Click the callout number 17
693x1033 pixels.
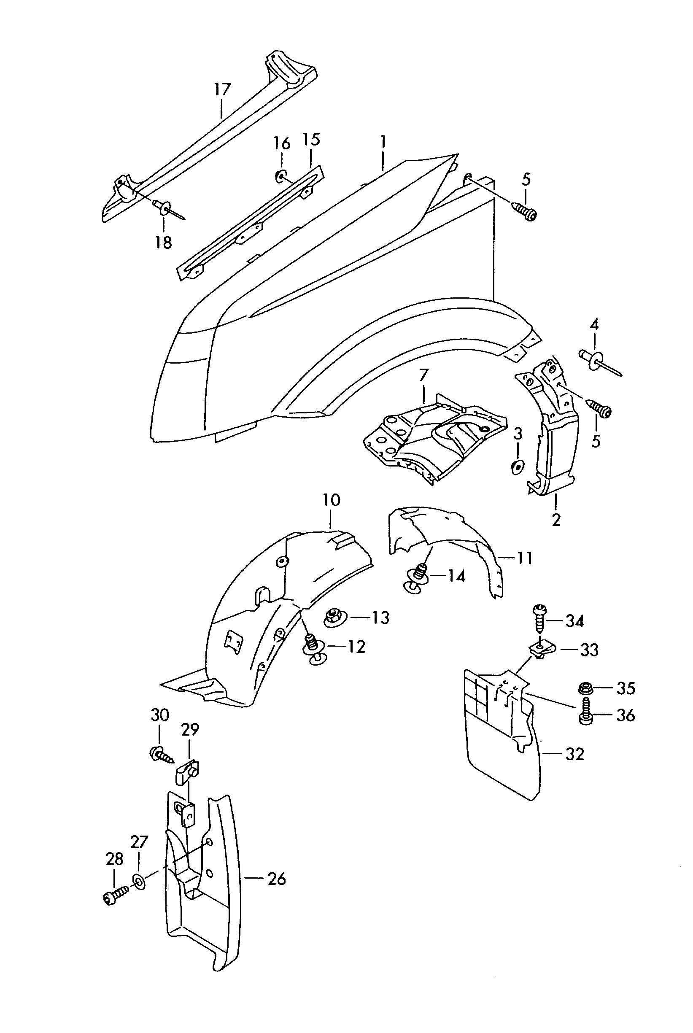point(222,89)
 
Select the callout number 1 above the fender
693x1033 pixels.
point(383,142)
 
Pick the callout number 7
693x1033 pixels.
point(423,375)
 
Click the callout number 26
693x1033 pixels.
point(277,879)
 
